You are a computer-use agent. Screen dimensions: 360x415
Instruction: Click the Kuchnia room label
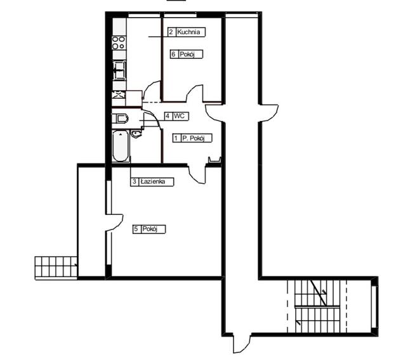pos(191,31)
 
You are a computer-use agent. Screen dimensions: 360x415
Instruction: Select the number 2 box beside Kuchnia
pos(171,31)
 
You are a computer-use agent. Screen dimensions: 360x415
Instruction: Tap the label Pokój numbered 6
pos(187,55)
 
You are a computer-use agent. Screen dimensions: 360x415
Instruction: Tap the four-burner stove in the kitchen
pos(119,42)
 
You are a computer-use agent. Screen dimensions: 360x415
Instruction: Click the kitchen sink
pos(119,70)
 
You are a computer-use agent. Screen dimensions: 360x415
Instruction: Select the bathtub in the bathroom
pos(120,147)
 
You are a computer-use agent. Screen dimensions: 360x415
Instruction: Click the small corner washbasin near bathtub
pos(136,134)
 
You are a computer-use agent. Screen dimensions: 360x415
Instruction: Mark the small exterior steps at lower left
pos(55,266)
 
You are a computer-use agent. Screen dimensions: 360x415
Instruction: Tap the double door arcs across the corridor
pos(242,113)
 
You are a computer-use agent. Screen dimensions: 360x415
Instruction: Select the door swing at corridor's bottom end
pos(242,343)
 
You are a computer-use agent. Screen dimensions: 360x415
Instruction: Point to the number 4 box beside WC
pos(167,116)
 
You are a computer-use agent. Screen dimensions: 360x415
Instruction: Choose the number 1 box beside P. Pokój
pos(176,138)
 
